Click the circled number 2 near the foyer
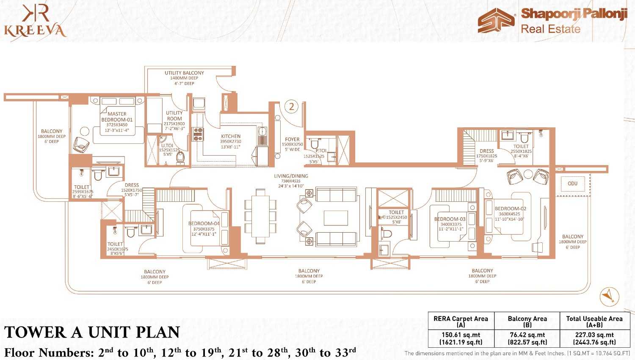[x=291, y=106]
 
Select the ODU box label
[x=572, y=184]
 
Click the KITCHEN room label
[x=231, y=137]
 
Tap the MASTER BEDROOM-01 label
[x=117, y=117]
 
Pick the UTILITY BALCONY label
[x=184, y=73]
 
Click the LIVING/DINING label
[x=291, y=176]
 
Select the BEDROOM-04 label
[x=204, y=224]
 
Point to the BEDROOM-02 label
[x=510, y=209]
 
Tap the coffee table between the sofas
[x=336, y=218]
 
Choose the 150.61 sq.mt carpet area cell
[x=461, y=338]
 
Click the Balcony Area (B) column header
[x=527, y=322]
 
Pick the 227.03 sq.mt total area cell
[x=594, y=338]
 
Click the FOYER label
[x=292, y=139]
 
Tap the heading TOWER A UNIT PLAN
[x=92, y=333]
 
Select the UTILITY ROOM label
[x=174, y=116]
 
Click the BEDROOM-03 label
[x=450, y=219]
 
